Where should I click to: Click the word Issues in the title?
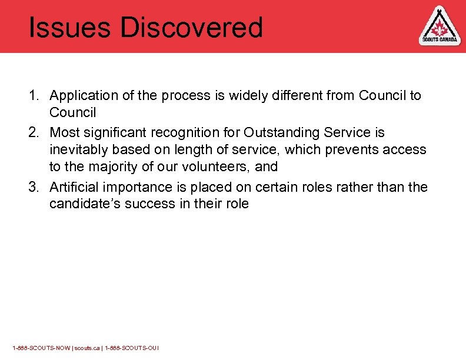click(62, 27)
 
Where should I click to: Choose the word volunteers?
click(215, 167)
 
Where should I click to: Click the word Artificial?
click(74, 187)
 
